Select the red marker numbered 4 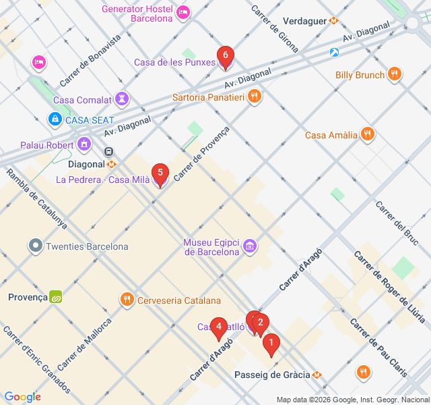point(218,327)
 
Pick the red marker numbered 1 point(271,344)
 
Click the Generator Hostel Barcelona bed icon point(183,12)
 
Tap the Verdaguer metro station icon point(333,21)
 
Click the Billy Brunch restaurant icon point(395,74)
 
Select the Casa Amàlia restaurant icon point(367,134)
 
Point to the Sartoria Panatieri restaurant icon point(254,97)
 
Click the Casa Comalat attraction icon point(121,100)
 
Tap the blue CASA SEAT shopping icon point(55,119)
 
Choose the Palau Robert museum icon point(84,144)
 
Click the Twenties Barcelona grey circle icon point(35,246)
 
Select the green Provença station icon point(56,296)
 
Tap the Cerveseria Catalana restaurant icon point(127,300)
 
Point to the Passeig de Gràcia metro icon point(317,375)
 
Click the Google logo point(23,397)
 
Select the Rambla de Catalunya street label point(36,198)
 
